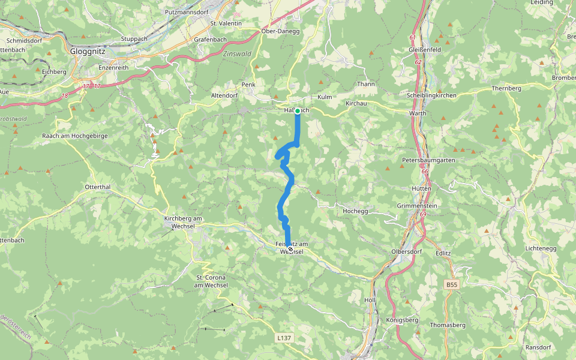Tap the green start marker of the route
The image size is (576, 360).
pos(297,110)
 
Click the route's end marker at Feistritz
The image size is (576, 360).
pos(290,248)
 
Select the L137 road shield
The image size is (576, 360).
pos(284,338)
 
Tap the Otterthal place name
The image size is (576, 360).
pos(98,187)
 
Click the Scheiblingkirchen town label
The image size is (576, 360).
pos(431,95)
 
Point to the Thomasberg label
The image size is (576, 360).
pos(448,325)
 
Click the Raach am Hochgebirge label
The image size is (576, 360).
pos(75,136)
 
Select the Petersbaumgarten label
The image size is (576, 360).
pos(429,161)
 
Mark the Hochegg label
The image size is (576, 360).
pos(355,212)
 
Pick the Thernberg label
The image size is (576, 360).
pos(506,88)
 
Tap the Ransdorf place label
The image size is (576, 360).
pos(538,347)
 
